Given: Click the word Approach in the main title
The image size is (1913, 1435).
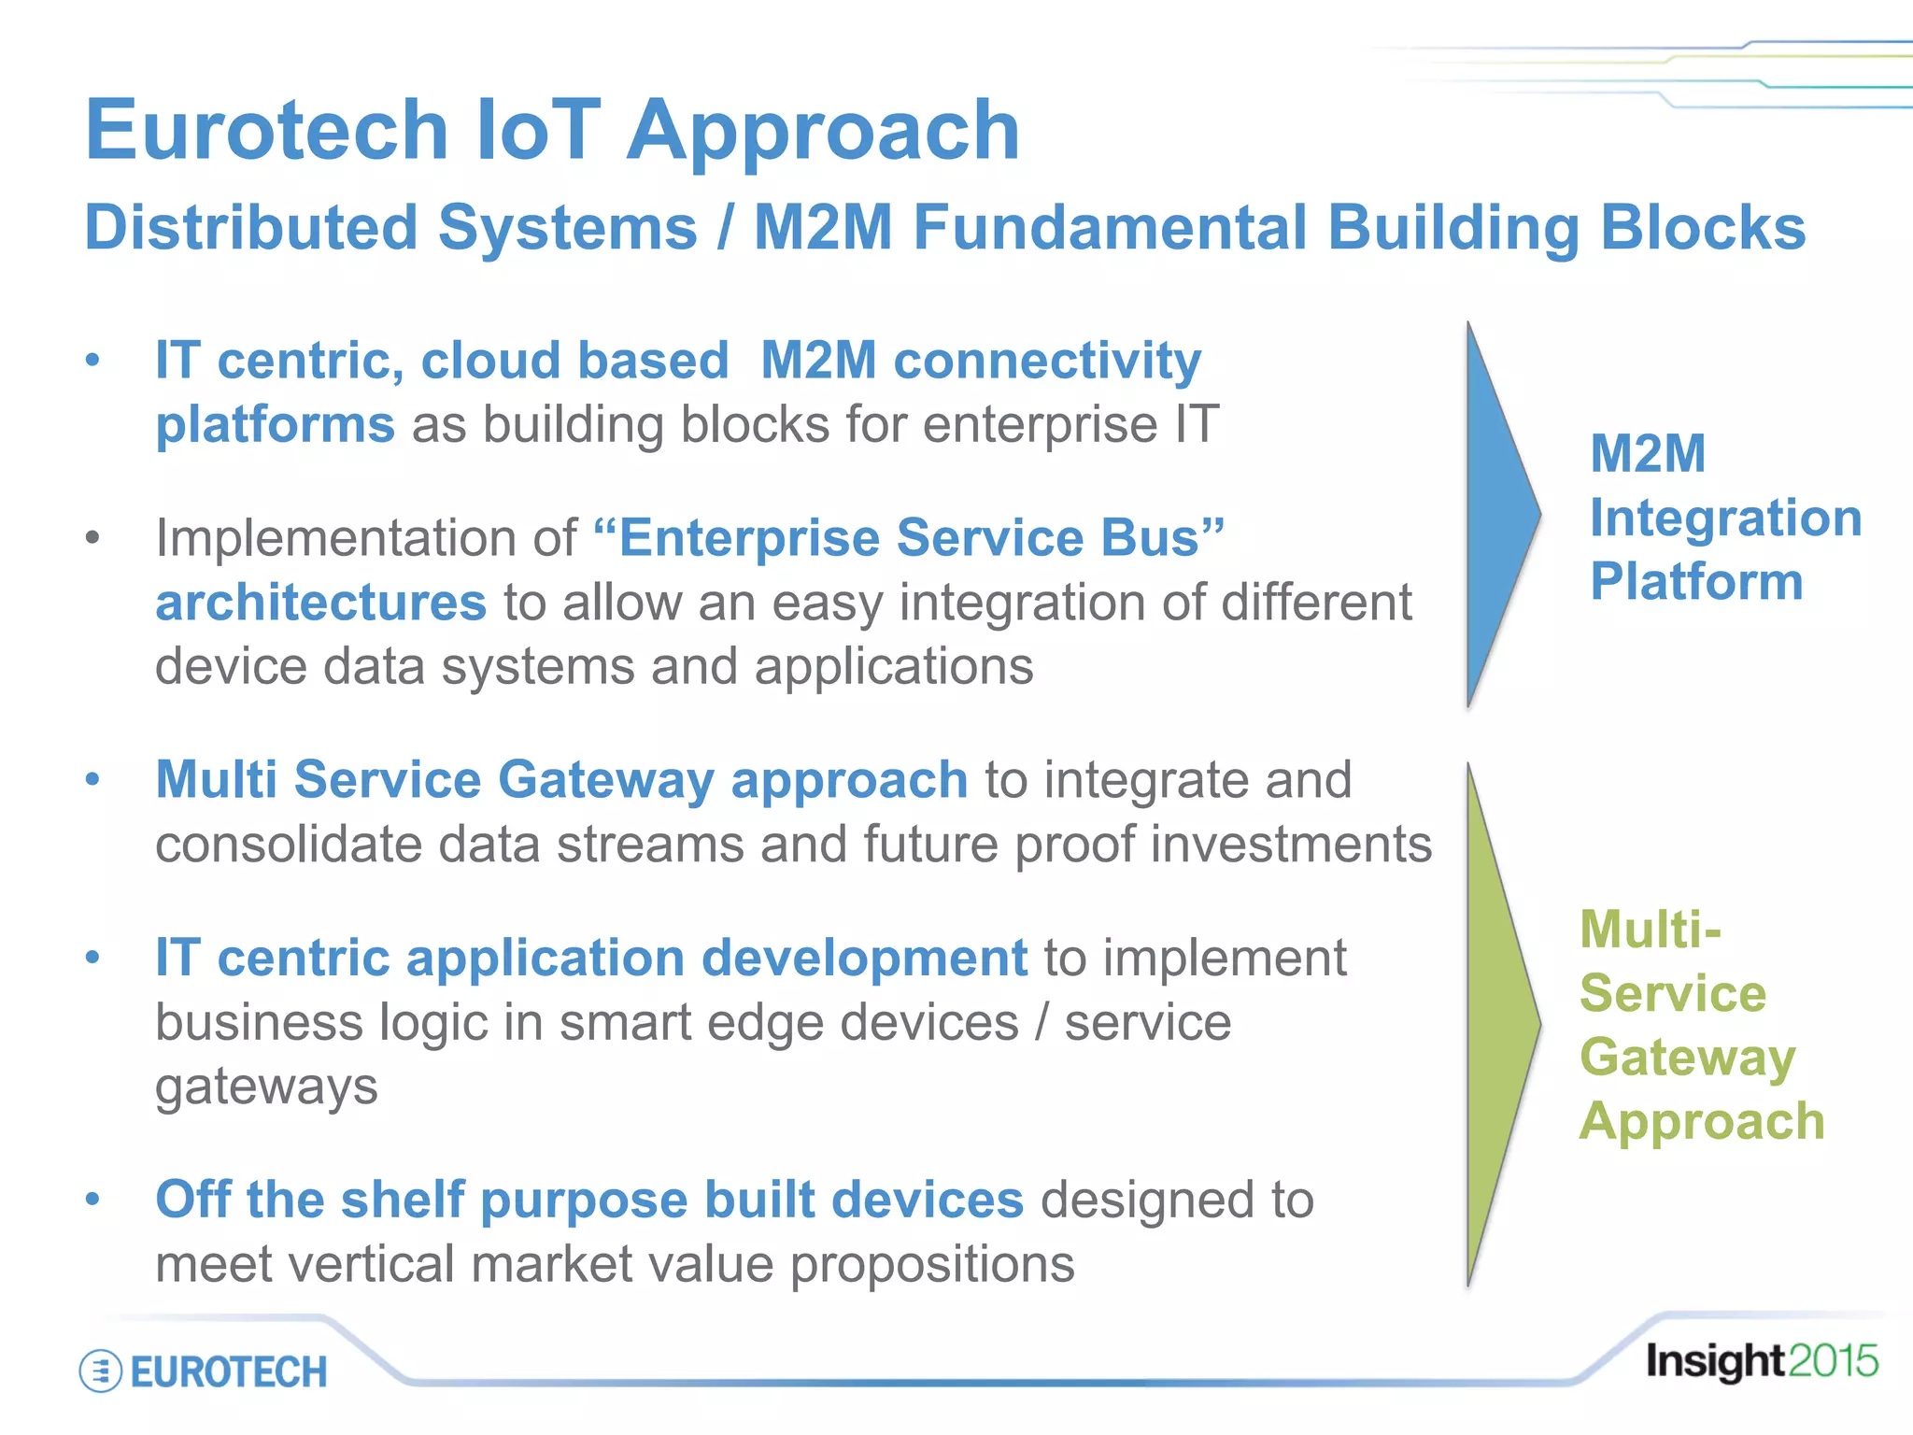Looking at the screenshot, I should tap(823, 131).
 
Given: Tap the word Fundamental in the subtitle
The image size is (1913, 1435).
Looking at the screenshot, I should tap(1110, 228).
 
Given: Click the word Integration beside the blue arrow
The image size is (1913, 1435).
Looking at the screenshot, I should tap(1725, 518).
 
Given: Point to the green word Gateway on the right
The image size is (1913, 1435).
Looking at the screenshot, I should tap(1687, 1057).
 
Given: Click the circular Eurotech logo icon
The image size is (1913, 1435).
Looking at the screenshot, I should tap(100, 1371).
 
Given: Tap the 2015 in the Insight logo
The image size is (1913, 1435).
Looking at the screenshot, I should tap(1834, 1361).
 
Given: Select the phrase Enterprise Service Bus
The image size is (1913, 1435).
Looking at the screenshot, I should tap(908, 538).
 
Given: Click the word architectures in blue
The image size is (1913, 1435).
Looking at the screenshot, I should tap(320, 603).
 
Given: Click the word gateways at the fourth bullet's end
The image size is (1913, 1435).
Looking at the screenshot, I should tap(266, 1087).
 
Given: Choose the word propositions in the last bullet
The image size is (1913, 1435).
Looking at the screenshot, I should tap(932, 1264).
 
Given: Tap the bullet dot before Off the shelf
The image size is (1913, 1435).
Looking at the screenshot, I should tap(92, 1199).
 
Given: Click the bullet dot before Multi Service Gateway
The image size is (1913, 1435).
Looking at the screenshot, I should tap(92, 779).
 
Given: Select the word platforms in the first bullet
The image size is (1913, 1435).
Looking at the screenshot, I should tap(275, 425).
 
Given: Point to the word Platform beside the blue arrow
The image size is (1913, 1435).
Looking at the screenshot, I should tap(1696, 581).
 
